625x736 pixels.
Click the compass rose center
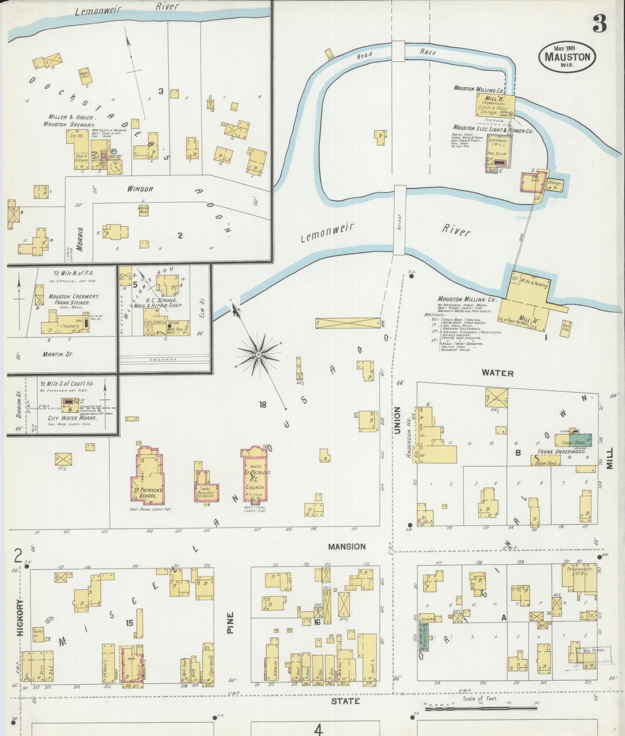tap(258, 354)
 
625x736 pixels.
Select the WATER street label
tap(497, 373)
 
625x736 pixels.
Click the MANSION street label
tap(346, 546)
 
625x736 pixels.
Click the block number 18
tap(262, 405)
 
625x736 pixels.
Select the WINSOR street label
tap(140, 189)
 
